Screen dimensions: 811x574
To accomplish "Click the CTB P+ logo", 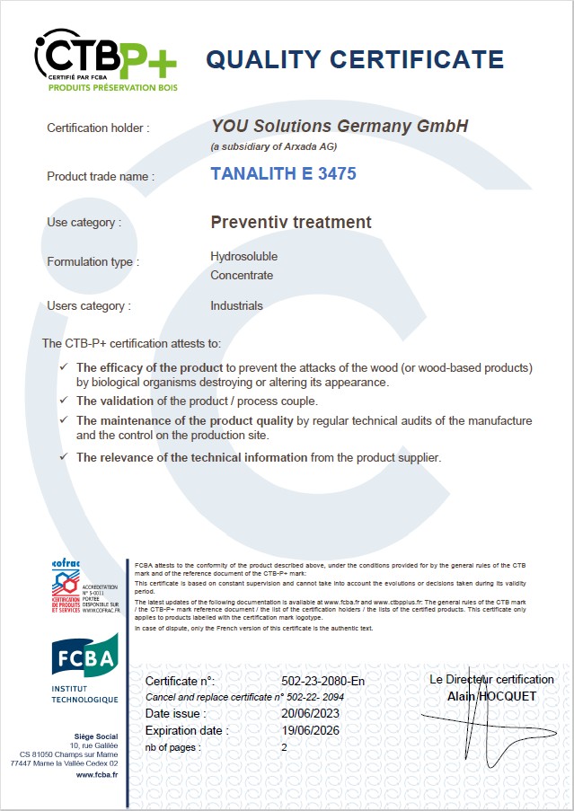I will (x=105, y=58).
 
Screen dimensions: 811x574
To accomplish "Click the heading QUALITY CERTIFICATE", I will (x=355, y=59).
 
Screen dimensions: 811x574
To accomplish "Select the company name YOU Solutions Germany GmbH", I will (x=340, y=127).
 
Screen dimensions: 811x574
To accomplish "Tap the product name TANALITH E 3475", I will (x=283, y=173).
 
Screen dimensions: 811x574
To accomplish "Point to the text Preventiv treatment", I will (x=290, y=222).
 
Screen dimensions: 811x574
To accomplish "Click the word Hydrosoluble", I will (x=243, y=256).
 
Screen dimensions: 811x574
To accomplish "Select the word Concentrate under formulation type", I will (x=242, y=275).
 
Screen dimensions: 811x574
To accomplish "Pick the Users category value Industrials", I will (x=236, y=305).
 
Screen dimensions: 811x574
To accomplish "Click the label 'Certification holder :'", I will (x=98, y=128).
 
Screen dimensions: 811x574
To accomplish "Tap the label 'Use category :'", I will (x=84, y=222).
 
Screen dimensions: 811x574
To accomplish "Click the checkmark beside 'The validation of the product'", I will (x=63, y=400).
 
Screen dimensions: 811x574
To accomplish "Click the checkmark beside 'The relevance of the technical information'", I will (x=63, y=457).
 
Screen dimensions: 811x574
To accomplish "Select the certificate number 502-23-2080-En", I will (x=322, y=681).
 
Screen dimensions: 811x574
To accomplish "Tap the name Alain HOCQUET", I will (x=491, y=695).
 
